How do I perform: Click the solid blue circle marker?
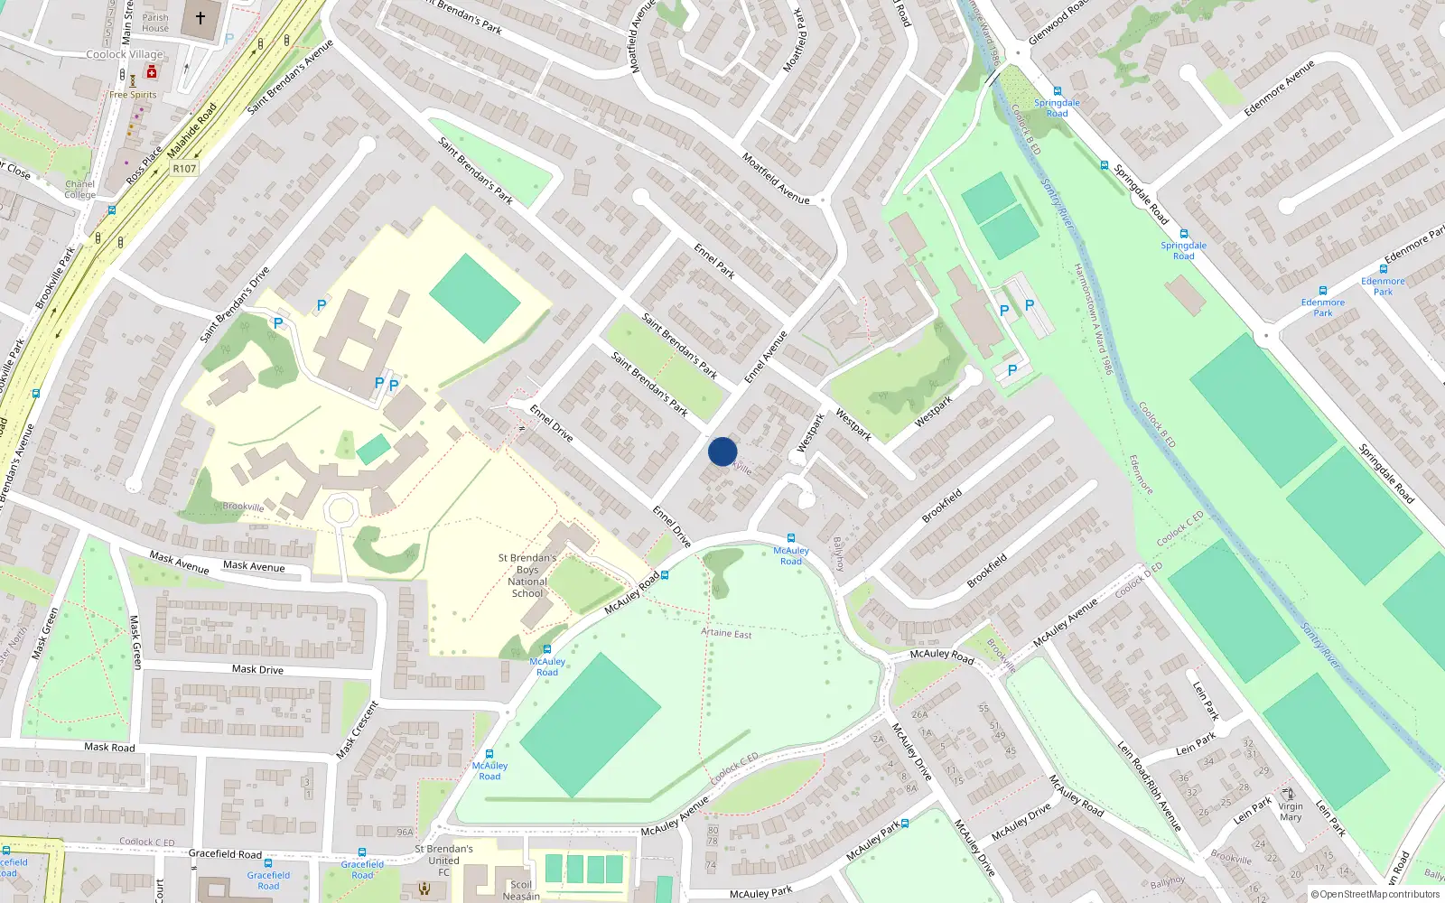click(722, 451)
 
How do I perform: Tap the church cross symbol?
click(200, 17)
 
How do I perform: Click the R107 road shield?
click(184, 169)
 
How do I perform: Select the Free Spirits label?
click(133, 95)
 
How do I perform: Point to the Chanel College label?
click(79, 190)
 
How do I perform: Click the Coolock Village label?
click(125, 54)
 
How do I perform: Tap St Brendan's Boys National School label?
click(527, 575)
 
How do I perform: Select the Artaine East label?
click(726, 633)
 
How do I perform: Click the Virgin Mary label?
click(1291, 812)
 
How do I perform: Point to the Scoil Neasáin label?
click(521, 890)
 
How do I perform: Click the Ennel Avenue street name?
click(766, 357)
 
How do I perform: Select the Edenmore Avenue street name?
click(1279, 88)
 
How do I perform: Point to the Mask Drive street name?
click(257, 669)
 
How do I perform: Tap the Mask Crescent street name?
click(358, 730)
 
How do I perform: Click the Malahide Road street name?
click(192, 130)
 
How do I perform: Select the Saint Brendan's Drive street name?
click(235, 304)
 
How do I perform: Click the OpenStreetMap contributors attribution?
click(1375, 894)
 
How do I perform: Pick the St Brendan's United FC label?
click(443, 861)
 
